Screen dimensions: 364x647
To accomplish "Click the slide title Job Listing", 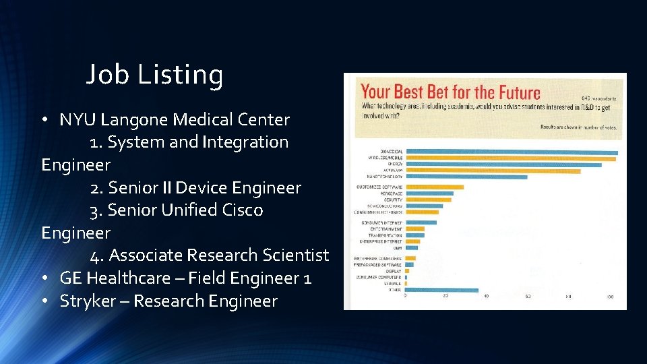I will click(154, 75).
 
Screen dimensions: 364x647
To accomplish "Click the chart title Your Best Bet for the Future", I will click(450, 92).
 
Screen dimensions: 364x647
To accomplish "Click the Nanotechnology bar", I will click(466, 177).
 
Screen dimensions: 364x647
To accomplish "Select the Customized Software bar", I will click(434, 187).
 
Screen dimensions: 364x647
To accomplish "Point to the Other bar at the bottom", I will click(441, 291).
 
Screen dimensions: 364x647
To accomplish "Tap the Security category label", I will click(393, 200).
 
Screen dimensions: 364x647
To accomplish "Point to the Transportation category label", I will click(381, 235).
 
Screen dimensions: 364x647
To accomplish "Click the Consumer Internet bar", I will click(421, 222).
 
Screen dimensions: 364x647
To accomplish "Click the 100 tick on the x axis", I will click(609, 297).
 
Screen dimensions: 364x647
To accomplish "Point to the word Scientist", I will click(297, 255).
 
